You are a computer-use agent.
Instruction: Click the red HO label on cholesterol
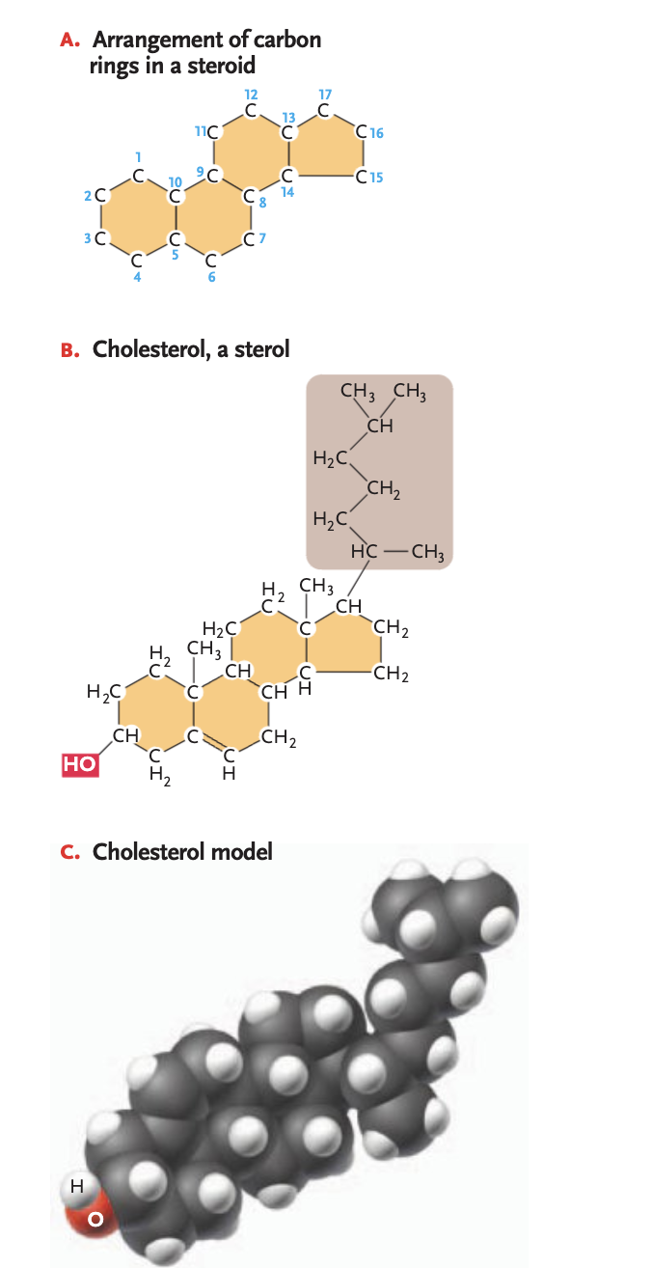[79, 764]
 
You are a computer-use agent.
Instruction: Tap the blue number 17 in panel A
[325, 95]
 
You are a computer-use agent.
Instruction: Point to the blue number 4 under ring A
[137, 276]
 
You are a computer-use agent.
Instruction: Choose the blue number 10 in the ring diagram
[175, 181]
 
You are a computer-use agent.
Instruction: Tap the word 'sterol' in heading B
[262, 349]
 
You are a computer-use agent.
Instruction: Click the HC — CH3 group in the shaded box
[396, 553]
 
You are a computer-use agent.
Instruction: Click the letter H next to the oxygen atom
[76, 1182]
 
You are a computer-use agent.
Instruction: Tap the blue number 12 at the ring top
[251, 95]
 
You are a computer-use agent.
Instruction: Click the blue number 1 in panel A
[139, 156]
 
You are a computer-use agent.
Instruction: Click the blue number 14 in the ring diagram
[286, 193]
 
